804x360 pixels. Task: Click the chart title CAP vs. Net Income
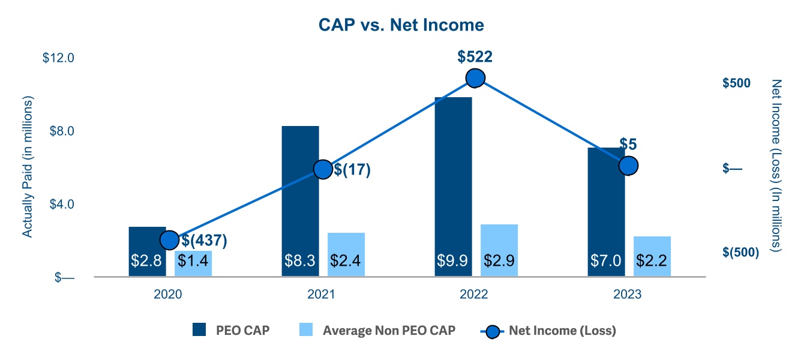(x=401, y=25)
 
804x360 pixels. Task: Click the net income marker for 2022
(x=475, y=78)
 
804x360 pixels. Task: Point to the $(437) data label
(x=205, y=241)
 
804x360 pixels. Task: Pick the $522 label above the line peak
(x=475, y=57)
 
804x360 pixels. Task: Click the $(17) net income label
(x=352, y=170)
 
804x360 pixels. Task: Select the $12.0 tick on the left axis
(x=58, y=58)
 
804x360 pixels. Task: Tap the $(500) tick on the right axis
(x=740, y=252)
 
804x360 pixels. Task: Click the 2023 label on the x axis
(x=628, y=295)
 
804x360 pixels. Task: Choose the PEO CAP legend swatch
(x=199, y=330)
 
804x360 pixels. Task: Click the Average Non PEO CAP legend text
(x=389, y=330)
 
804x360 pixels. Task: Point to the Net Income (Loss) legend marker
(x=493, y=330)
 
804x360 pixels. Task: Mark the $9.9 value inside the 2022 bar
(x=453, y=260)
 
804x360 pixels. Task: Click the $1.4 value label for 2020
(x=193, y=260)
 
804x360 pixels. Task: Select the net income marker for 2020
(x=170, y=239)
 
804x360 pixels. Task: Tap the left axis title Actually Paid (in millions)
(x=28, y=166)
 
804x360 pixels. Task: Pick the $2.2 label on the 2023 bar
(x=652, y=260)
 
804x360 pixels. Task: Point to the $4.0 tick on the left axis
(x=58, y=204)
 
